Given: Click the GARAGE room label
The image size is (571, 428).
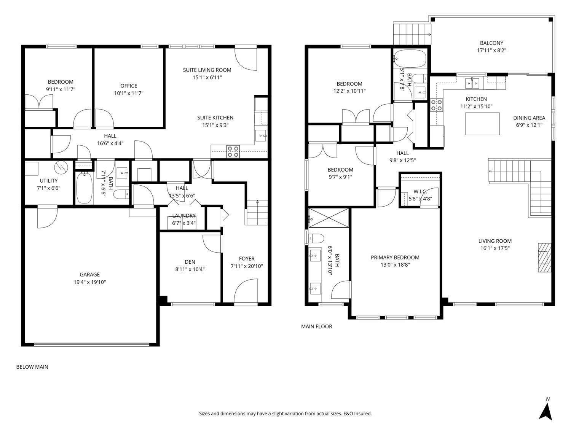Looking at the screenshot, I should point(89,274).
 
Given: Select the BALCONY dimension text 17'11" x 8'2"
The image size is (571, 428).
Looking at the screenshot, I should point(491,50).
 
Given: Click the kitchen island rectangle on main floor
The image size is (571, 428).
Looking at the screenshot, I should point(482,124).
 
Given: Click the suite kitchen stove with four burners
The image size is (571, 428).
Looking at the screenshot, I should point(233,151).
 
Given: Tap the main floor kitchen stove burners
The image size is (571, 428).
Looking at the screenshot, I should point(436,105).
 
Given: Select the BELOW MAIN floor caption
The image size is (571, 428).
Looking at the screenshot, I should point(32,367).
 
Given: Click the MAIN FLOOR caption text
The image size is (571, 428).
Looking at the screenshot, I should point(316,326).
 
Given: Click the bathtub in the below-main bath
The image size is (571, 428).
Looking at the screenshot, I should point(84,188).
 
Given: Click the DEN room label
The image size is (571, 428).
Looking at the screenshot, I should point(190,262).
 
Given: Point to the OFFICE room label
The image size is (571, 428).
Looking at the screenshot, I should point(129,86).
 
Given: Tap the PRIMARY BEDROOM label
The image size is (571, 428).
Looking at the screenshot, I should point(395,258).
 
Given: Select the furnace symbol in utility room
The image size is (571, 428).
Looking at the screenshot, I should point(61,167).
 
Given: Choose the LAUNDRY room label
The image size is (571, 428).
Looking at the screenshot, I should point(183,216).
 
